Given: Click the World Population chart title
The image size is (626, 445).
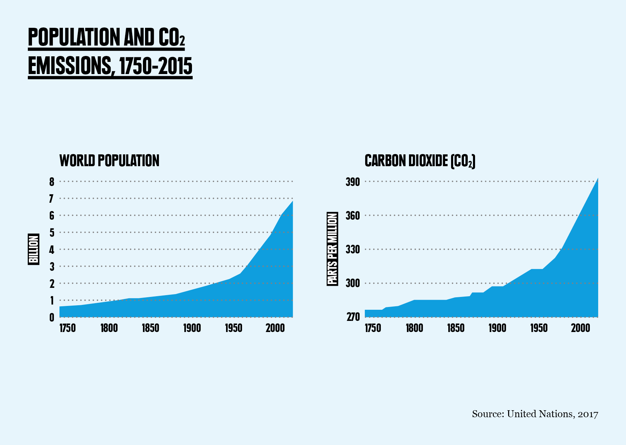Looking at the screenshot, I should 109,161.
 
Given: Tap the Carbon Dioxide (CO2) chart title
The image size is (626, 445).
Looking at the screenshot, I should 420,161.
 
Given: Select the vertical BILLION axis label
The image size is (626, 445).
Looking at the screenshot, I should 33,249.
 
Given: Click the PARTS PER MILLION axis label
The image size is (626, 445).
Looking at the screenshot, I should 332,249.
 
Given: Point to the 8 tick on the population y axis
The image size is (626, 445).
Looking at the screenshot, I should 52,181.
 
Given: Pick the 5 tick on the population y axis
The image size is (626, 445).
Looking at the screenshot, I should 52,233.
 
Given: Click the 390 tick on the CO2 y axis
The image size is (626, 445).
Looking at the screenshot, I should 353,181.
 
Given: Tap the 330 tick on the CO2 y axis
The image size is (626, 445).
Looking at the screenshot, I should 353,249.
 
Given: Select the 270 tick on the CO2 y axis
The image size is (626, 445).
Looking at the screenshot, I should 353,317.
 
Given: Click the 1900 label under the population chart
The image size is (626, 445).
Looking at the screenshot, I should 192,328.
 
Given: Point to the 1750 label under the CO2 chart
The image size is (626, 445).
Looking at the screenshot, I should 373,328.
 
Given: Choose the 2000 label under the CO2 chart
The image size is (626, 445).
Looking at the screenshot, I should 580,328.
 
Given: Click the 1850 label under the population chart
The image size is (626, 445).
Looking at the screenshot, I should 150,328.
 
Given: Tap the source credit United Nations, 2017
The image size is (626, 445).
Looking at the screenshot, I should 535,414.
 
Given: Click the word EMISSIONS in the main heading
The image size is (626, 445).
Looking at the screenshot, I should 70,66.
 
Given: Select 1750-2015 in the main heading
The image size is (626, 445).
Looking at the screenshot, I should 155,66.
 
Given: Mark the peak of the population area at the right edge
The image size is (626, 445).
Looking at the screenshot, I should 292,202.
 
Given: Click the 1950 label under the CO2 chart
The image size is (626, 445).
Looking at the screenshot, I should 539,328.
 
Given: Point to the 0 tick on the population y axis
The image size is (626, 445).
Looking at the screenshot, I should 52,317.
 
